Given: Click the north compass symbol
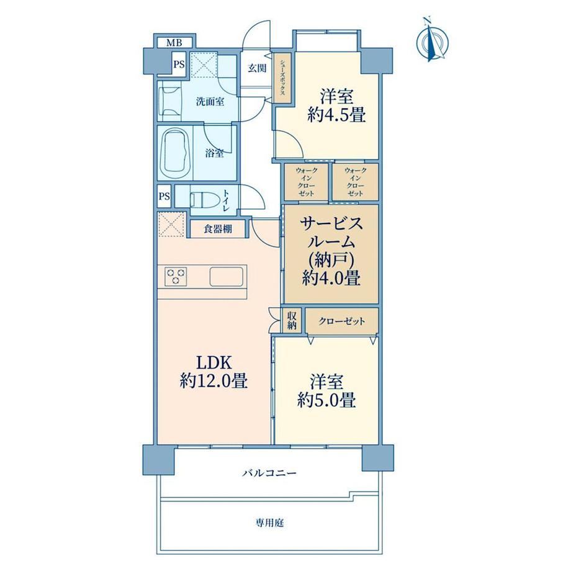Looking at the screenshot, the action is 432,40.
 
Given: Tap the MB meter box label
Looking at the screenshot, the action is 174,43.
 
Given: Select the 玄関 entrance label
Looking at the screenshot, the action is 257,68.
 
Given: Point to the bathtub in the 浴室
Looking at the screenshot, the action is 176,153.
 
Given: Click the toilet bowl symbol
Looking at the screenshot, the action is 205,200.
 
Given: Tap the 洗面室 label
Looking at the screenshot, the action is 210,102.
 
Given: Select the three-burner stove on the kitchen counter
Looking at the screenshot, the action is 176,276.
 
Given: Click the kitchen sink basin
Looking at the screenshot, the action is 226,276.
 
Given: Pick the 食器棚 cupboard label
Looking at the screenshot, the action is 218,230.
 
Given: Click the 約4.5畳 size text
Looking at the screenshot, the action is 336,115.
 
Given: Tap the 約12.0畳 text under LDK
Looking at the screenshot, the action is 214,381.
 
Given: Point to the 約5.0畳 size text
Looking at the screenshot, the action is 326,400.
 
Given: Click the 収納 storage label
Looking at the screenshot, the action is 292,320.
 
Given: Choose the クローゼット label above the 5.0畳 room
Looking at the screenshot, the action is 341,321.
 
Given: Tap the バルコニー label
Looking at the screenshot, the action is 269,474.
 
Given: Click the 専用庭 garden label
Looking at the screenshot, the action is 269,523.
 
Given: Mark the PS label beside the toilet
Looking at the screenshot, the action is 164,197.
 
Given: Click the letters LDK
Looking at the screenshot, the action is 214,362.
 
